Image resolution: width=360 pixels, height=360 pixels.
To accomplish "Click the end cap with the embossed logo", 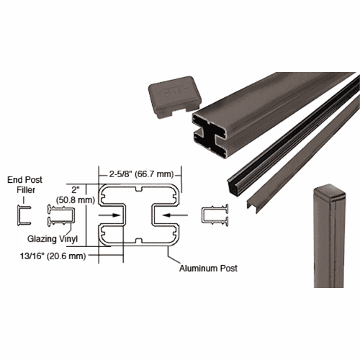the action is click(175, 96).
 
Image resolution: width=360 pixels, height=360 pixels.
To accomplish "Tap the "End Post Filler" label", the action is click(25, 185).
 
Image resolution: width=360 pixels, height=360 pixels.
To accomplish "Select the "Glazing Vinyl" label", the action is click(53, 239).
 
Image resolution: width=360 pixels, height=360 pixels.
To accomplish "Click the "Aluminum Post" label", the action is click(208, 268).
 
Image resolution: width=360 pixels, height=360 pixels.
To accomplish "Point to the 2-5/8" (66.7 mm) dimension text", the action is click(141, 174).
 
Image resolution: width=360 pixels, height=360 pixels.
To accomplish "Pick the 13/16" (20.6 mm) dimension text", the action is click(53, 256).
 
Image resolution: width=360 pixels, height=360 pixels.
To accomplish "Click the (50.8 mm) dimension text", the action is click(76, 199).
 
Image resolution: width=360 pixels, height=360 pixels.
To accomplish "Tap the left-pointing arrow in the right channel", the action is click(175, 215).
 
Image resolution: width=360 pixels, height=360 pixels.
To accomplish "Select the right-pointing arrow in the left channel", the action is click(109, 215).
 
